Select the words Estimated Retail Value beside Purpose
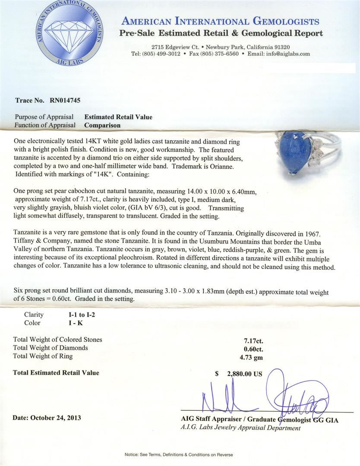pyautogui.click(x=118, y=117)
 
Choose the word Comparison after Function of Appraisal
pyautogui.click(x=102, y=125)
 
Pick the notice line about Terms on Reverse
pyautogui.click(x=179, y=455)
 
